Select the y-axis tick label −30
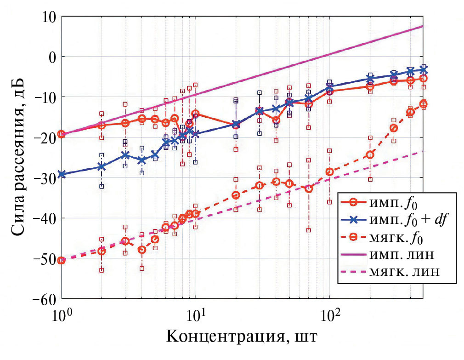click(x=40, y=177)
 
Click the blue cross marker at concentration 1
click(x=62, y=175)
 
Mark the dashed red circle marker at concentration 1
click(x=62, y=261)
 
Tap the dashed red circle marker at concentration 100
click(x=329, y=172)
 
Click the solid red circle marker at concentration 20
click(x=236, y=125)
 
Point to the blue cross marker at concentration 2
click(x=102, y=166)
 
